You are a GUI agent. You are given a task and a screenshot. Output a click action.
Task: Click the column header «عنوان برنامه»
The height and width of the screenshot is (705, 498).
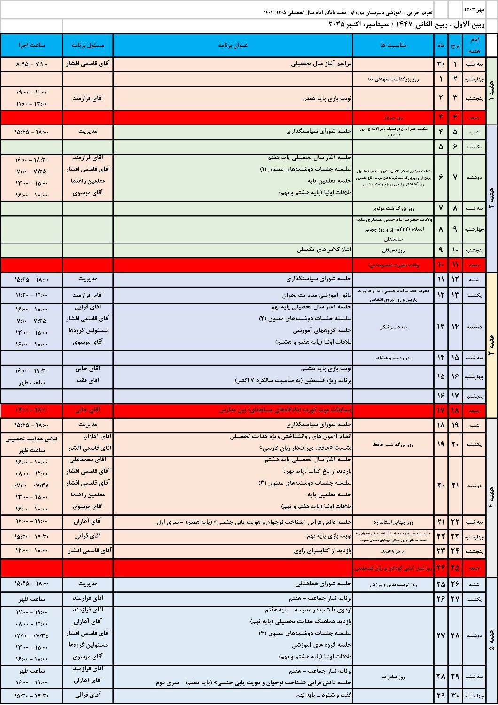pyautogui.click(x=233, y=45)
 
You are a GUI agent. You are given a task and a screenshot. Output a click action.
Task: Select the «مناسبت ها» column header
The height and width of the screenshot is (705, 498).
pyautogui.click(x=393, y=45)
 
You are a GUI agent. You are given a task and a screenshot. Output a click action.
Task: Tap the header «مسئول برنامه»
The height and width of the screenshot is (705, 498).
pyautogui.click(x=88, y=45)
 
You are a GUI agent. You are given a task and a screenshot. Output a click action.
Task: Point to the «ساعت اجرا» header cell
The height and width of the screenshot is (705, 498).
pyautogui.click(x=31, y=45)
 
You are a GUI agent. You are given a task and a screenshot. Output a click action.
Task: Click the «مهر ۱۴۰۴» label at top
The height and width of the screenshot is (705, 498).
pyautogui.click(x=473, y=9)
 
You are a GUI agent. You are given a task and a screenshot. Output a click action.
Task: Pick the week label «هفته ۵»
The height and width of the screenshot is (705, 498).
pyautogui.click(x=491, y=642)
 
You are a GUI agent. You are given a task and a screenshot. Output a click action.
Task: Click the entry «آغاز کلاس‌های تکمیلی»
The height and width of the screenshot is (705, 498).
pyautogui.click(x=324, y=250)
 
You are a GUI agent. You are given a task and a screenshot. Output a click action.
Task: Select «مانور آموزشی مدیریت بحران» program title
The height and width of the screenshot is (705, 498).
pyautogui.click(x=317, y=295)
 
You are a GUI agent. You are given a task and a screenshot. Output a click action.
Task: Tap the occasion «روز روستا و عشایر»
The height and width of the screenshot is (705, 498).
pyautogui.click(x=393, y=358)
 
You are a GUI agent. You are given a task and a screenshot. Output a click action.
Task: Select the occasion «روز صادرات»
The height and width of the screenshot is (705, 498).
pyautogui.click(x=393, y=677)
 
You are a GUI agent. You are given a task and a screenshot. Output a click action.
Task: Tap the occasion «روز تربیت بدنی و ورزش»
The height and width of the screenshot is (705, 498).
pyautogui.click(x=393, y=584)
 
